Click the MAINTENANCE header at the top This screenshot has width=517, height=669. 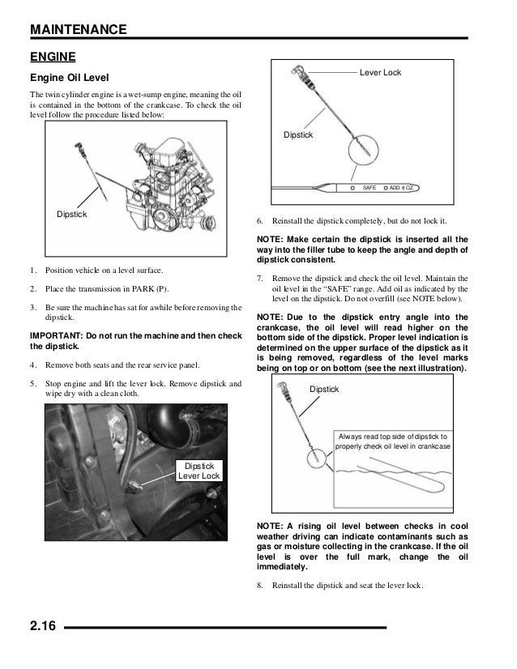tap(78, 30)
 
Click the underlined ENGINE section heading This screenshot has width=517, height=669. tap(53, 57)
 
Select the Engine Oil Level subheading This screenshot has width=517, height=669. tap(70, 80)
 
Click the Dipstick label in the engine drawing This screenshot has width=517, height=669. tap(71, 215)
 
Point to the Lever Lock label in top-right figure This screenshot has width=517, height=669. tap(380, 74)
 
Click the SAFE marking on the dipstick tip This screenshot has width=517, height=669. tap(370, 188)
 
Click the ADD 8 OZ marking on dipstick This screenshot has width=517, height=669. tap(404, 188)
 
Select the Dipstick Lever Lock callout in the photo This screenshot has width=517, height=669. tap(199, 471)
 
